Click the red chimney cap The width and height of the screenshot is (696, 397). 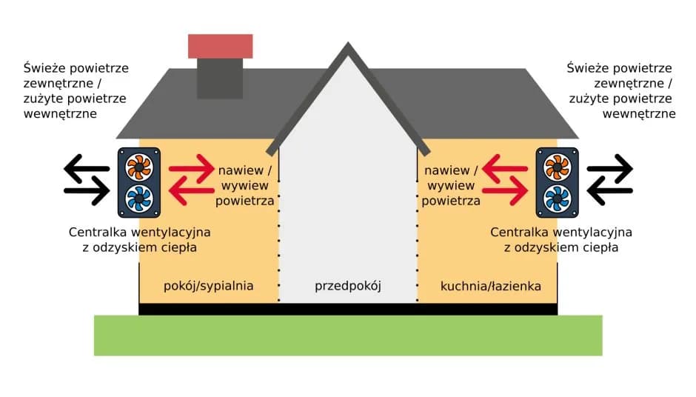click(x=221, y=46)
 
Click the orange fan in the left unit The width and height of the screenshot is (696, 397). click(x=138, y=167)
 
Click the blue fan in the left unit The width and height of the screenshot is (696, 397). click(x=138, y=198)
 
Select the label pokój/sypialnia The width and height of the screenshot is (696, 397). click(x=209, y=285)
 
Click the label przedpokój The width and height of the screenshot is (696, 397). click(x=347, y=285)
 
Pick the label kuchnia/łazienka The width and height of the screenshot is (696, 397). click(x=490, y=285)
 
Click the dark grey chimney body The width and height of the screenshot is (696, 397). click(x=220, y=78)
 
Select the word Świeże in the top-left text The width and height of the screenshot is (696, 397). click(x=42, y=68)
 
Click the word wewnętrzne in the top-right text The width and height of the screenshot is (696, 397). click(x=638, y=113)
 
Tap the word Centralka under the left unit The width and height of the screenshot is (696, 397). click(x=98, y=233)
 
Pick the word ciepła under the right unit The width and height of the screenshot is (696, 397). click(x=598, y=247)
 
